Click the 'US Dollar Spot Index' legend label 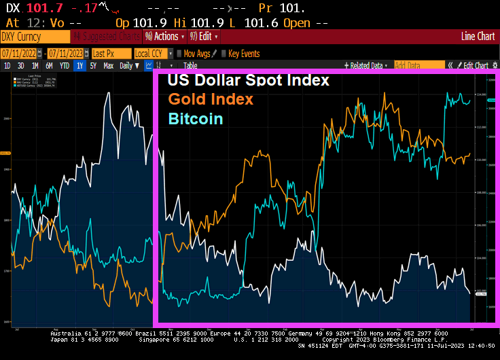point(249,80)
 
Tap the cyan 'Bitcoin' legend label point(195,119)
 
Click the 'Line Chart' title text point(478,37)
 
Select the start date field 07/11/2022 point(18,53)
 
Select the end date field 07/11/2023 point(65,53)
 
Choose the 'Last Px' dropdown point(109,53)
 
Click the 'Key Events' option point(243,53)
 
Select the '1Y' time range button point(79,66)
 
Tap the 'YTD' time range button point(65,66)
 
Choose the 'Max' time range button point(109,66)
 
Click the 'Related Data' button point(368,66)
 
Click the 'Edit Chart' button point(475,66)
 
